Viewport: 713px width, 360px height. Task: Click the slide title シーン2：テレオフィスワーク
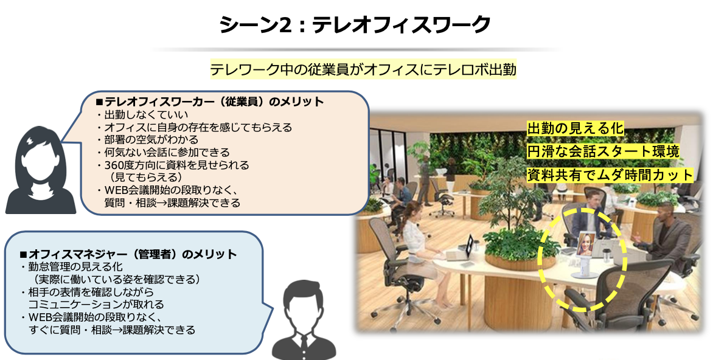coord(355,24)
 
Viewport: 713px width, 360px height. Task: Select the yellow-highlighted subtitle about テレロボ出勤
coord(363,69)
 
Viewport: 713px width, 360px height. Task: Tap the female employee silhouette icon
coord(41,169)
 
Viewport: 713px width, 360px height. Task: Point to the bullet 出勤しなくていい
coord(142,114)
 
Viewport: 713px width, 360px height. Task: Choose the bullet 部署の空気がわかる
coord(148,139)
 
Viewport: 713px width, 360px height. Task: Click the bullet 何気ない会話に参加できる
coord(164,152)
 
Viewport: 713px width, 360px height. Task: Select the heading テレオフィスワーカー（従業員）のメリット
coord(210,102)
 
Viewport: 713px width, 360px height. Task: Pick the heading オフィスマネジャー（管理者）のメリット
coord(128,254)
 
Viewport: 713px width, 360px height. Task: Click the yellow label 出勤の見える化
coord(575,129)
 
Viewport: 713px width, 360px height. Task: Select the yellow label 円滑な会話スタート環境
coord(603,151)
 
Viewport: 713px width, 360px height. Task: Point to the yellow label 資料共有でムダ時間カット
coord(610,175)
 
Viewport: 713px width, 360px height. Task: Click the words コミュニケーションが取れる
coord(96,304)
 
